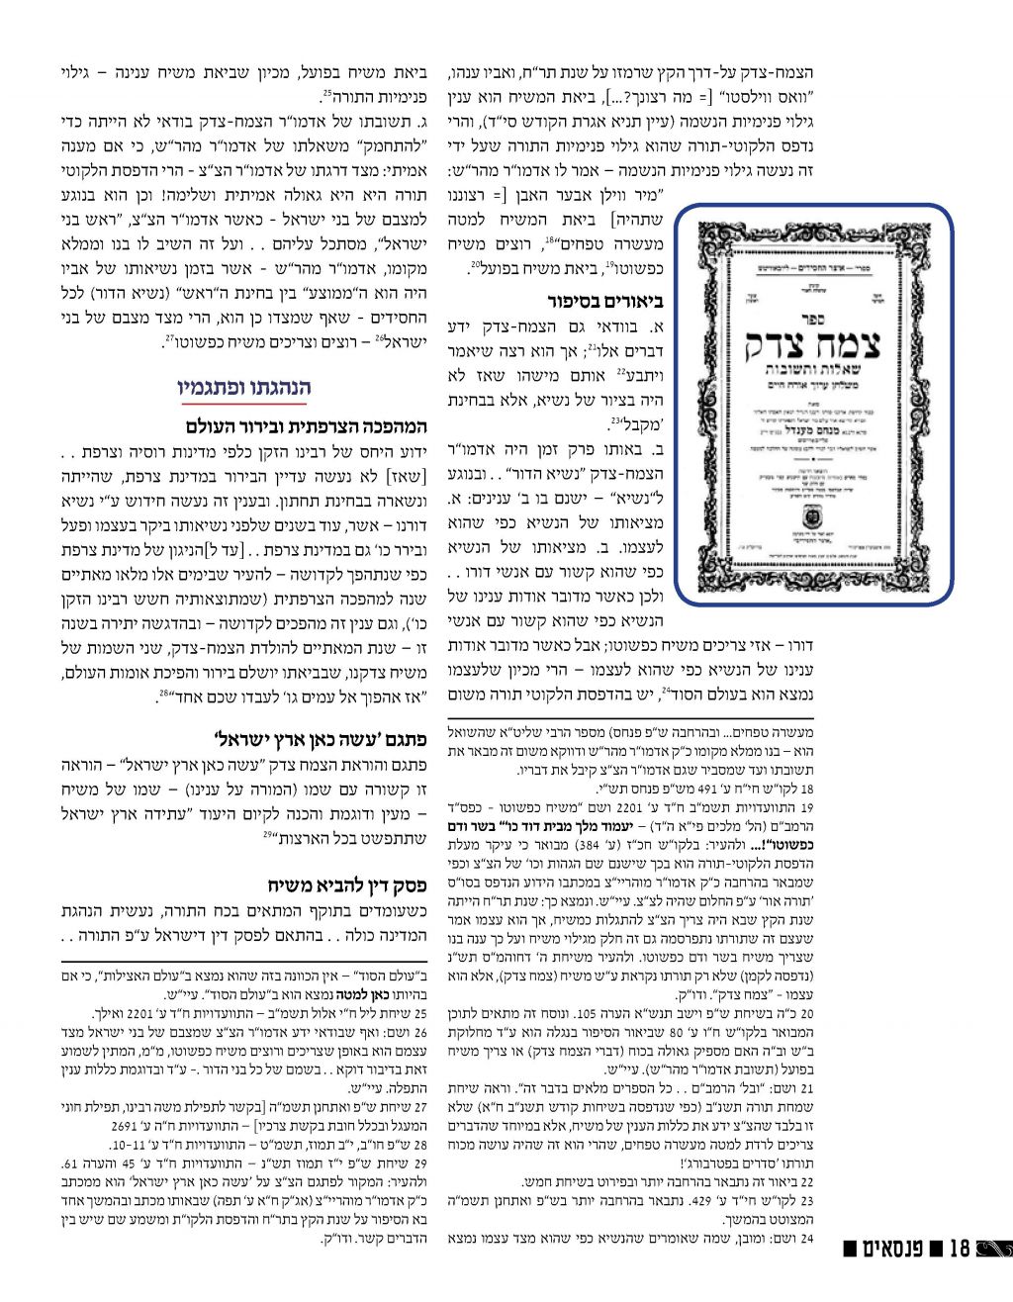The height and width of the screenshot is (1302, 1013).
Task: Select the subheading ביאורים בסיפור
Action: point(604,300)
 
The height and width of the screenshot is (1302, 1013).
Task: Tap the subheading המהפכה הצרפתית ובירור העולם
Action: point(306,427)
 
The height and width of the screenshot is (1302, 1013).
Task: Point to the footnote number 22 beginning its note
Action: point(806,1181)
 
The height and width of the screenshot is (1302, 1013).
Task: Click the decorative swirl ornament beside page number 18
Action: point(993,1274)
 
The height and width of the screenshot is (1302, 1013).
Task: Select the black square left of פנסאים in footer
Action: point(850,1275)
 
